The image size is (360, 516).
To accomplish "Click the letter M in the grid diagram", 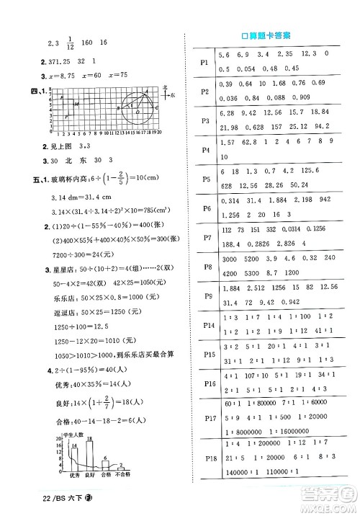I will pos(76,104).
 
